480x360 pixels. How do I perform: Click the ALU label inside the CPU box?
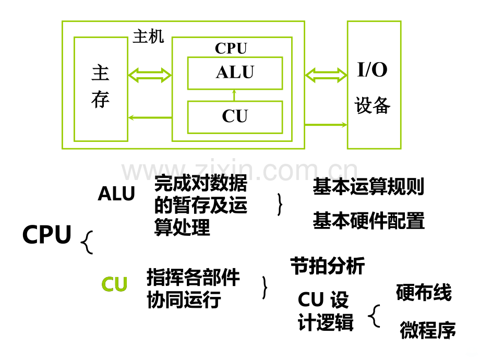[x=235, y=72]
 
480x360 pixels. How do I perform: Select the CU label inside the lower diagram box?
[x=235, y=116]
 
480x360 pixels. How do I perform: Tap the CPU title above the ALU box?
[x=231, y=48]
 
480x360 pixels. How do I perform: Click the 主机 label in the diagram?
[x=148, y=37]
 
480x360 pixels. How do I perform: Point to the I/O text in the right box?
[x=372, y=69]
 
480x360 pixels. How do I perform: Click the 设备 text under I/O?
[x=372, y=105]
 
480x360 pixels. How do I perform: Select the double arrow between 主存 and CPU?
[x=150, y=75]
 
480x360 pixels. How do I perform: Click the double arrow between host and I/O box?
[x=326, y=75]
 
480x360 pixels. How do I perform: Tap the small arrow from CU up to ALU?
[x=234, y=95]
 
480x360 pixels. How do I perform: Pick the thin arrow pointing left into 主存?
[x=150, y=117]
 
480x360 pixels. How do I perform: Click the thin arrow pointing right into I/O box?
[x=326, y=125]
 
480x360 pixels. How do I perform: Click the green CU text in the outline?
[x=114, y=284]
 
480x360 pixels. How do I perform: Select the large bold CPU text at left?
[x=47, y=234]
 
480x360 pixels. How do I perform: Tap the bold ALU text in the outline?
[x=116, y=194]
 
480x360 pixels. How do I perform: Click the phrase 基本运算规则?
[x=368, y=186]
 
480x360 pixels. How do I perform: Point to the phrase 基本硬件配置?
[x=368, y=220]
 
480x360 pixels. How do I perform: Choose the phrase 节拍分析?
[x=328, y=266]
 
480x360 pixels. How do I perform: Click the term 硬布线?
[x=424, y=292]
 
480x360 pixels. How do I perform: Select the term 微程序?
[x=428, y=330]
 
